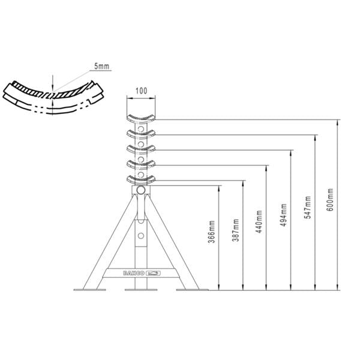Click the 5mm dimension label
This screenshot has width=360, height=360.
(x=101, y=67)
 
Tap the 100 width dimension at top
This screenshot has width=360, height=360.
(x=141, y=91)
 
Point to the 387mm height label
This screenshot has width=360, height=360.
(x=236, y=227)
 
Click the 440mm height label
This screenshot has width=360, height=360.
(x=259, y=221)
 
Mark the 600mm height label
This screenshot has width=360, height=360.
(x=331, y=199)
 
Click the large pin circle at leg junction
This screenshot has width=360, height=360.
(x=141, y=190)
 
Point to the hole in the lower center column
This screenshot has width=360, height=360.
(x=141, y=236)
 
